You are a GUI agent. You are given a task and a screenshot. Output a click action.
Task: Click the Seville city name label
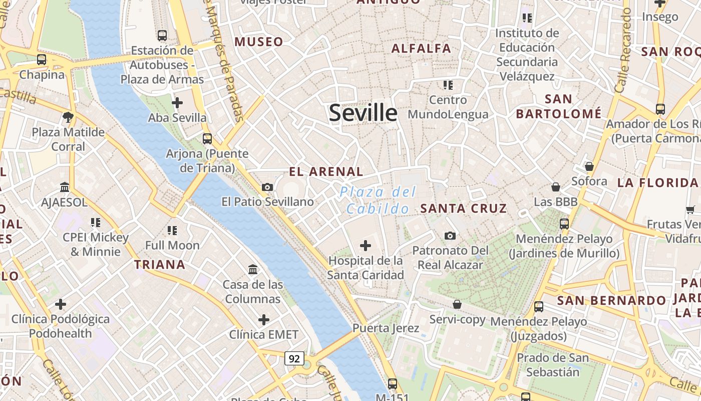[363, 113]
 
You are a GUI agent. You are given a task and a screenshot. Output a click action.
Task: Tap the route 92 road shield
[294, 358]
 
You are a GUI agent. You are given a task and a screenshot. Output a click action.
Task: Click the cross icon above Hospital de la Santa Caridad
[366, 246]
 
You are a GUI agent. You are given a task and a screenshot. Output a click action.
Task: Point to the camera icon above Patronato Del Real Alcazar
[450, 236]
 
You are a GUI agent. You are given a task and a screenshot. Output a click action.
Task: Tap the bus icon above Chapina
[42, 59]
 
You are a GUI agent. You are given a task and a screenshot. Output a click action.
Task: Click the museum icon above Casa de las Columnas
[253, 270]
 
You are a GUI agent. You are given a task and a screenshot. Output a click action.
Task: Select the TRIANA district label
[160, 265]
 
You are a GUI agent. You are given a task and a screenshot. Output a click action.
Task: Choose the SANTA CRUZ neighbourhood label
[464, 209]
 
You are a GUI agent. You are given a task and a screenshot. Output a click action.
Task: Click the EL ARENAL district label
[326, 171]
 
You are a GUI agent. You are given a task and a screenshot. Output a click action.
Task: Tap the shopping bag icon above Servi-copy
[457, 304]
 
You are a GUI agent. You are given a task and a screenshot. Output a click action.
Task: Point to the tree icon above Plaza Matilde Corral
[68, 117]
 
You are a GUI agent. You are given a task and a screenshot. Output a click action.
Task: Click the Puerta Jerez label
[386, 328]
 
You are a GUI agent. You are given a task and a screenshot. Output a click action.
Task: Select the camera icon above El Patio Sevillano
[267, 187]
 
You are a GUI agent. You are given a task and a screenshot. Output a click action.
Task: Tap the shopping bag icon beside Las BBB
[555, 187]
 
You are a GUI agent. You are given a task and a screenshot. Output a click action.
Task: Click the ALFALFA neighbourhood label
[421, 49]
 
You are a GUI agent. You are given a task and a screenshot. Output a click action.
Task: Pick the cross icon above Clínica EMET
[264, 320]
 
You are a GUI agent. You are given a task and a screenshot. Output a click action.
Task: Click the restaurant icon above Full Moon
[172, 231]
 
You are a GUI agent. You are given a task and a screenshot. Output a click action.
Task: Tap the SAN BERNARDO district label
[612, 301]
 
